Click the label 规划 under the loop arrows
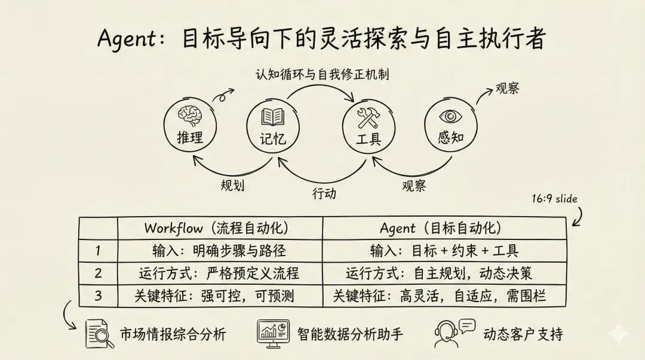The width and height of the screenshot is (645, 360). pyautogui.click(x=232, y=184)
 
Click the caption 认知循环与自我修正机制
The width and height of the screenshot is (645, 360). pyautogui.click(x=323, y=75)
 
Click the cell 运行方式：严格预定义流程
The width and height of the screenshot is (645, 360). pyautogui.click(x=219, y=273)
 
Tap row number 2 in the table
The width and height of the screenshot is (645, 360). pyautogui.click(x=98, y=273)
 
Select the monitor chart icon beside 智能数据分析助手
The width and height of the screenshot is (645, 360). pyautogui.click(x=273, y=331)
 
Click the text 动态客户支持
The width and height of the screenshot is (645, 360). pyautogui.click(x=523, y=333)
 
